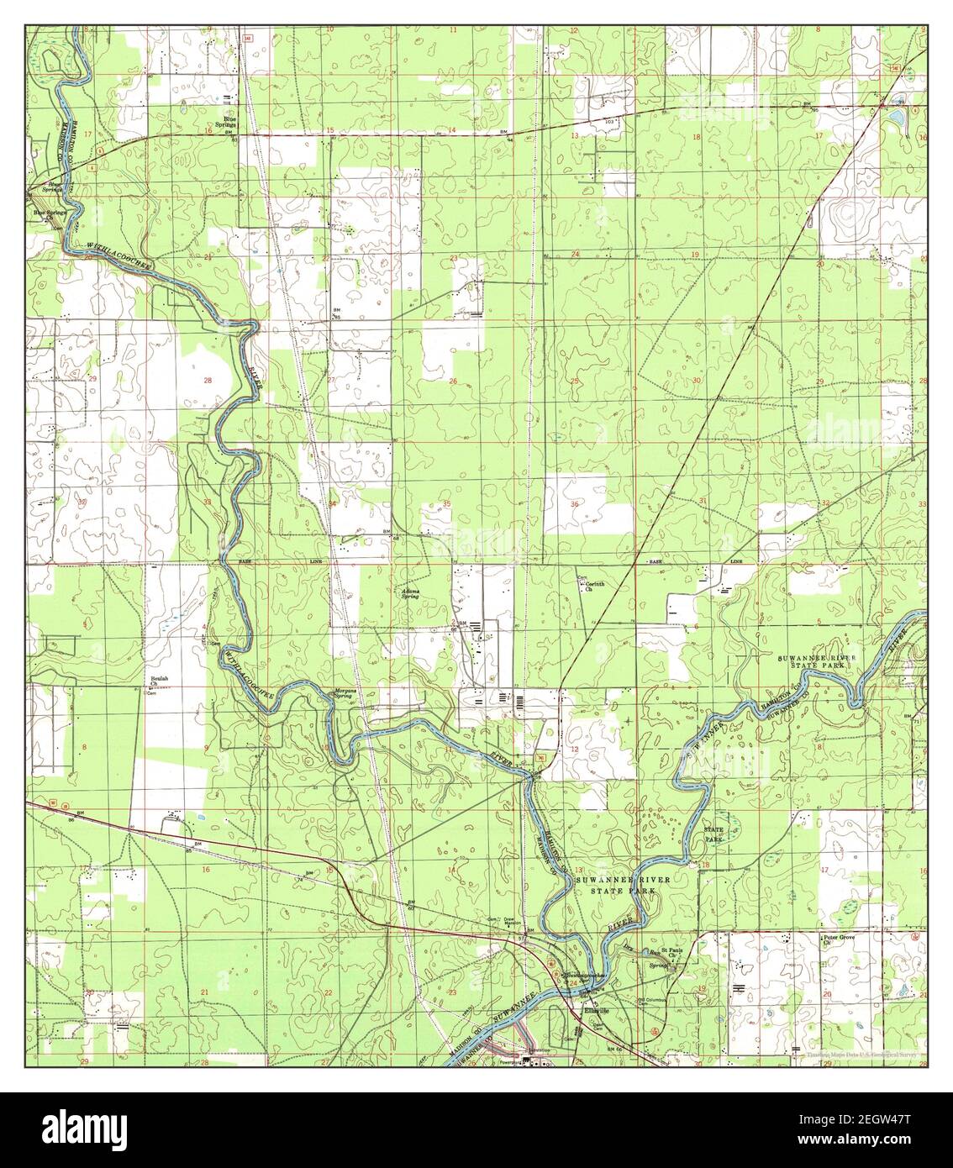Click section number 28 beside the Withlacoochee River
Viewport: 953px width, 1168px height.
pos(206,381)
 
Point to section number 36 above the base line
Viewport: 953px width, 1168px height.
pos(575,503)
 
